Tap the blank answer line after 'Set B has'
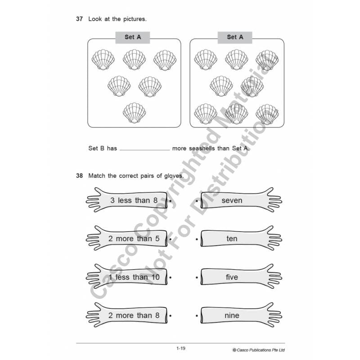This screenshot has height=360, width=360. pos(144,148)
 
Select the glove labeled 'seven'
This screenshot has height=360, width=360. pos(238,200)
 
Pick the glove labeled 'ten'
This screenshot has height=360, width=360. pos(238,238)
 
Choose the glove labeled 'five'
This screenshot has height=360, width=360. pos(238,277)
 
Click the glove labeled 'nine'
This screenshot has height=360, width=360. pos(238,315)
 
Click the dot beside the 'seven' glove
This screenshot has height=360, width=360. pos(197,200)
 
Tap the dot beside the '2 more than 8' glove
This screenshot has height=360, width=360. pos(171,315)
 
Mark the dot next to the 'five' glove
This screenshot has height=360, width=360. pos(197,277)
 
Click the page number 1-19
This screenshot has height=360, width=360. pos(181,348)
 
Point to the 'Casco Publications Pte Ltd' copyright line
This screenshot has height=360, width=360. pos(259,350)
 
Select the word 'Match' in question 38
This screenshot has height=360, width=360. pos(97,175)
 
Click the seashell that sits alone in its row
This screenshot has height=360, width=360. pos(134,112)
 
